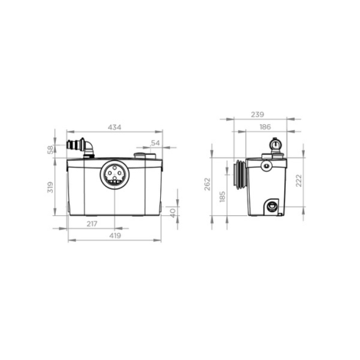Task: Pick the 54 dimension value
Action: (x=156, y=143)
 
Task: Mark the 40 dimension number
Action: (x=173, y=212)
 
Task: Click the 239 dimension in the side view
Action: (x=259, y=114)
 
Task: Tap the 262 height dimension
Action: (x=208, y=185)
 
